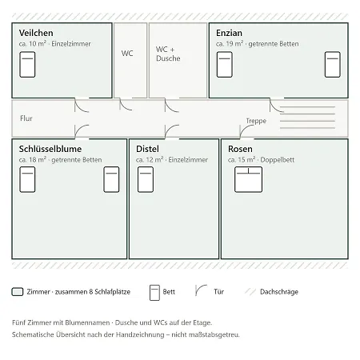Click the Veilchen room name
(x=36, y=33)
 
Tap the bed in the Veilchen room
(x=27, y=65)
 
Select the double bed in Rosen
(x=248, y=179)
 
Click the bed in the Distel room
(x=146, y=179)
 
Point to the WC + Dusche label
(x=168, y=54)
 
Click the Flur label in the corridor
(x=26, y=118)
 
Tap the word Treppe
(x=256, y=121)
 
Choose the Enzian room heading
(x=229, y=33)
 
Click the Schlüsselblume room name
(x=50, y=149)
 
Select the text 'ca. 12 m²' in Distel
(x=150, y=159)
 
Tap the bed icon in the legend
(x=154, y=293)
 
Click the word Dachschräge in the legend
(x=279, y=292)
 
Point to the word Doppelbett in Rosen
(x=278, y=160)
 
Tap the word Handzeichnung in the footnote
(x=141, y=334)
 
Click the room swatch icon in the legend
(x=18, y=292)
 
